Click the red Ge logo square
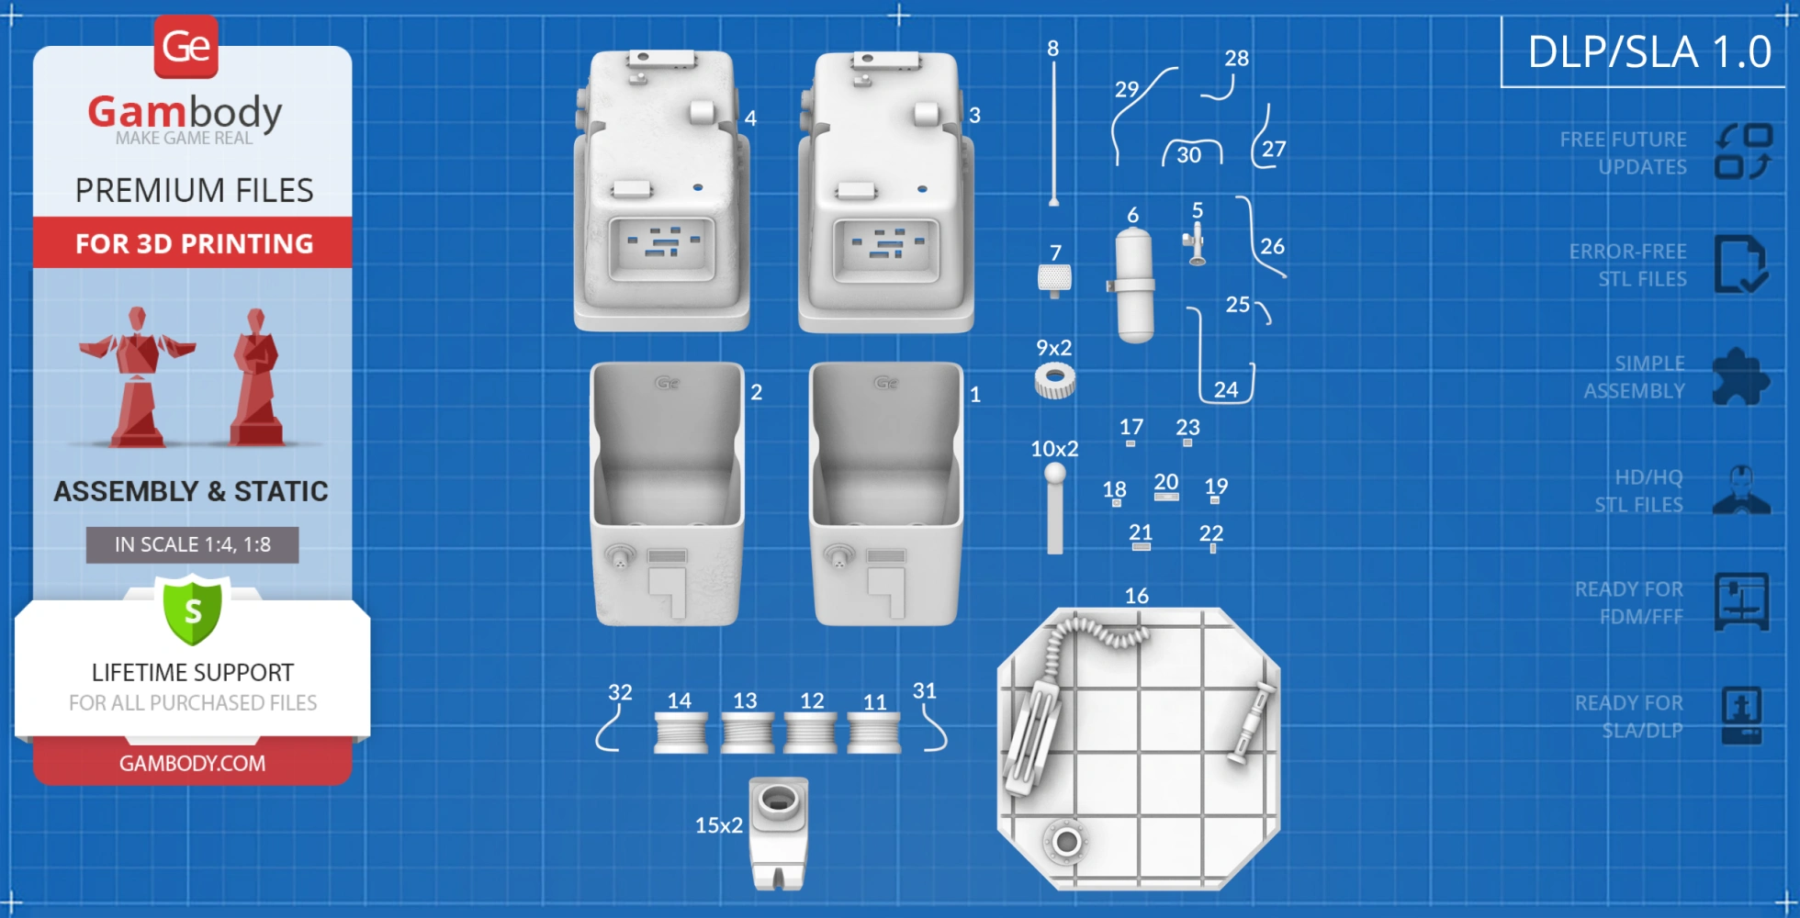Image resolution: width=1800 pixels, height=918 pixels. [x=186, y=46]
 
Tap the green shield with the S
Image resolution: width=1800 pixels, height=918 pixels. [x=193, y=610]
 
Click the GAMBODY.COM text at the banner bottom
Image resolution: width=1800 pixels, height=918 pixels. [x=192, y=763]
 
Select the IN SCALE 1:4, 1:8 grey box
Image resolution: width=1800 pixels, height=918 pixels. [x=192, y=544]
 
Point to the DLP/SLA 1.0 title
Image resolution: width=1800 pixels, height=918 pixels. [x=1649, y=51]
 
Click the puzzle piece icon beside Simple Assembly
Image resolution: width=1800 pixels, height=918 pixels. [x=1739, y=376]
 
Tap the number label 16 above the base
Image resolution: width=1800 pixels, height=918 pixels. [x=1136, y=596]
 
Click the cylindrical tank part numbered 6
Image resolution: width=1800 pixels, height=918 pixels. [x=1134, y=285]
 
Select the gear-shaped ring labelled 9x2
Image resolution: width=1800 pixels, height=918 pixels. [x=1054, y=380]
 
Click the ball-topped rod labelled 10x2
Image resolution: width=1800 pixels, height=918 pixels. [x=1055, y=509]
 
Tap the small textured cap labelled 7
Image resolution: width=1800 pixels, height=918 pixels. [x=1054, y=277]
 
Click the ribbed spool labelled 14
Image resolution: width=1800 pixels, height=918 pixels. [x=681, y=733]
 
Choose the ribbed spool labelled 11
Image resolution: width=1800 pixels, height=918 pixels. [x=873, y=733]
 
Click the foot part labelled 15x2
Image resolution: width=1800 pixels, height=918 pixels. [x=779, y=831]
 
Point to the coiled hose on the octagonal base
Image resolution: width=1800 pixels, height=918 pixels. [x=1093, y=633]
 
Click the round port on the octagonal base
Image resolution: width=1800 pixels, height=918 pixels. [x=1066, y=840]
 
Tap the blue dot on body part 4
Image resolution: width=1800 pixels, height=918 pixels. [x=698, y=187]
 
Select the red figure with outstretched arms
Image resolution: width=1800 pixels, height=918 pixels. [x=138, y=376]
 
